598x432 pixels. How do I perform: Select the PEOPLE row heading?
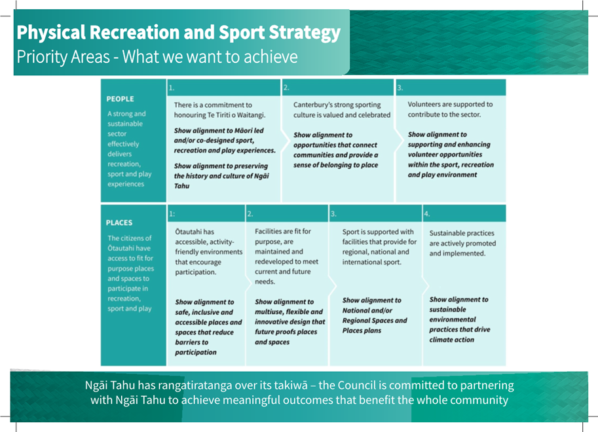(x=120, y=99)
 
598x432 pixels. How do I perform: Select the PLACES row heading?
(x=119, y=223)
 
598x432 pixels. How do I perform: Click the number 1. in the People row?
(x=172, y=88)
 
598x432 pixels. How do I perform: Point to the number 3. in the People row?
(x=400, y=88)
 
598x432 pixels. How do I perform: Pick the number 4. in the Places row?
(x=427, y=214)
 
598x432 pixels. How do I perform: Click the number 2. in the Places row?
(x=250, y=214)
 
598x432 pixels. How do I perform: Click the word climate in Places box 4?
(x=441, y=339)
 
